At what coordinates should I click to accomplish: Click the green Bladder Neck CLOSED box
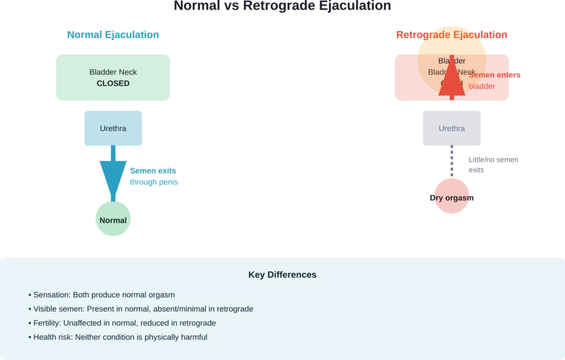[x=113, y=77]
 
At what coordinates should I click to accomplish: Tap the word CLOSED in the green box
[x=113, y=84]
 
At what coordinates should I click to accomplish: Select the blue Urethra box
[x=113, y=128]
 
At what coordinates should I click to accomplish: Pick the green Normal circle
[x=113, y=220]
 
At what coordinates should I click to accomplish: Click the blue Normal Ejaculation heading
[x=113, y=35]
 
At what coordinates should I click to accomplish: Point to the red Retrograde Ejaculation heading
[x=451, y=35]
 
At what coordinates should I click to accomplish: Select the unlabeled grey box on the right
[x=450, y=129]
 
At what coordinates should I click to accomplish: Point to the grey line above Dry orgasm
[x=452, y=163]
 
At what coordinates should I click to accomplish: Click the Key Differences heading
[x=282, y=275]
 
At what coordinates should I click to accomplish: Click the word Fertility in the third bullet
[x=46, y=323]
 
